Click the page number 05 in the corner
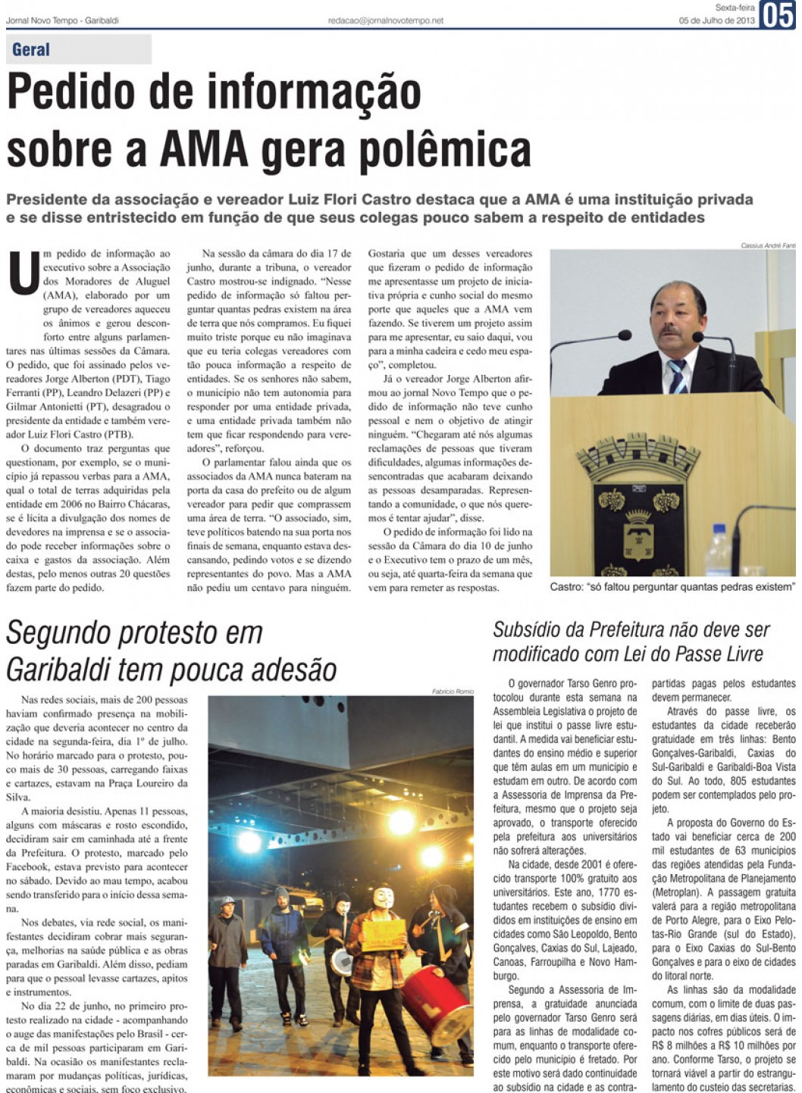779,15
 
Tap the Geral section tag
31,50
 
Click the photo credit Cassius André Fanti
768,245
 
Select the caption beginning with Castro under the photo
672,586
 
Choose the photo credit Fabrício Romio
453,692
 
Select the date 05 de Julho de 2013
717,20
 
